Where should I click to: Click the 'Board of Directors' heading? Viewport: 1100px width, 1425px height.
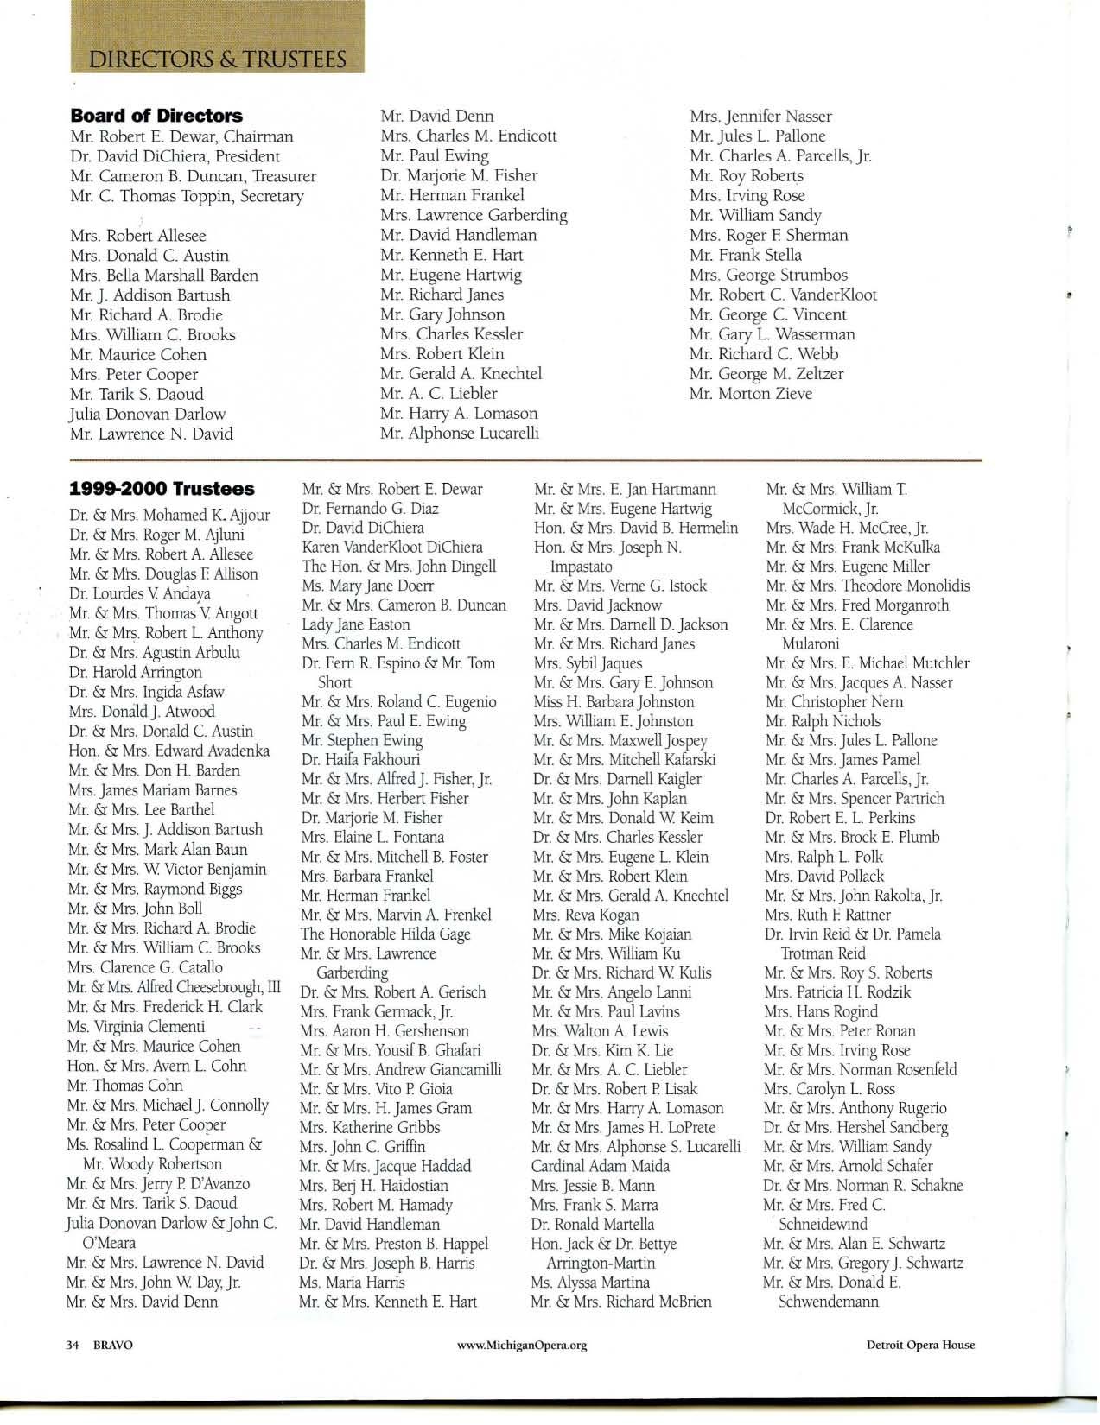(x=156, y=116)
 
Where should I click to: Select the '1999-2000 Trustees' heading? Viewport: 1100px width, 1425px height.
(x=162, y=489)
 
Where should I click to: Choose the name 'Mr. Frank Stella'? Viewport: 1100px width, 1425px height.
(x=746, y=255)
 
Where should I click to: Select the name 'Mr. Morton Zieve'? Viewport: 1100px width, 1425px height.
(x=751, y=394)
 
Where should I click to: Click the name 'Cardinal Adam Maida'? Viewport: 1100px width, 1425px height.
(x=601, y=1166)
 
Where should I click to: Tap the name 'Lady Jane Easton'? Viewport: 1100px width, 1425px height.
(x=356, y=624)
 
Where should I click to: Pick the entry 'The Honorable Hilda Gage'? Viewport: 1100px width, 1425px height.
(x=385, y=934)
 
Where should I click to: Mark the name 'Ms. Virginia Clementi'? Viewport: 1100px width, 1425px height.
(x=137, y=1027)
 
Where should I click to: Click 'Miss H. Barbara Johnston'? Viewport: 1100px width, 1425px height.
(x=614, y=702)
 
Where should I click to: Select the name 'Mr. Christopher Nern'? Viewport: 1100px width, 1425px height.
(x=834, y=702)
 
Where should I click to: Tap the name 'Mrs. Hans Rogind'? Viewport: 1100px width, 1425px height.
(x=821, y=1011)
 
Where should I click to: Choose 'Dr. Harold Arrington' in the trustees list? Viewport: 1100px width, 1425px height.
(x=136, y=672)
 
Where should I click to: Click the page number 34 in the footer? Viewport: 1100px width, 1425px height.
(x=73, y=1345)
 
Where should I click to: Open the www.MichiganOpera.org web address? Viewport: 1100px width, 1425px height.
(x=525, y=1346)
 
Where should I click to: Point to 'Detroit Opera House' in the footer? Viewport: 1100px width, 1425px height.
(x=921, y=1345)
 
